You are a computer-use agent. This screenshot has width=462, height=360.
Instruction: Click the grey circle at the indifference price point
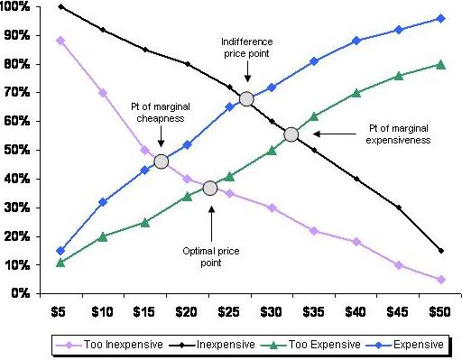coord(245,99)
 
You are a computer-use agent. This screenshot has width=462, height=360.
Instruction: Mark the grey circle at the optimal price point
coord(210,188)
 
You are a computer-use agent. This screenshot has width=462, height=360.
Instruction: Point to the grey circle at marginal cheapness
coord(161,162)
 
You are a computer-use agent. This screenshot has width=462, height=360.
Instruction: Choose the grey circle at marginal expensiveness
coord(291,134)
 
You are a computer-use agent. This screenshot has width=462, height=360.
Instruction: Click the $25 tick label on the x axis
coord(229,311)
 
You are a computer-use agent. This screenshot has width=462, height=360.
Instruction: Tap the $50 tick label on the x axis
coord(441,311)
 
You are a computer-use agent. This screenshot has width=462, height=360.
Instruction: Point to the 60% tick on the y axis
coord(19,121)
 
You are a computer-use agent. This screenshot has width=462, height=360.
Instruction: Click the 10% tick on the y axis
coord(19,265)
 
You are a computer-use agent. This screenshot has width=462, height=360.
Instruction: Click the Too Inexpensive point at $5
coord(60,41)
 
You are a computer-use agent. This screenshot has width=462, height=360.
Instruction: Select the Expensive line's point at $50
coord(441,18)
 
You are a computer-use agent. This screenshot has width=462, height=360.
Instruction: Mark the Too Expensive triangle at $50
coord(441,64)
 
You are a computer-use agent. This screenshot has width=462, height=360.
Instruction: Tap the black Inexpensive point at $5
coord(60,7)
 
